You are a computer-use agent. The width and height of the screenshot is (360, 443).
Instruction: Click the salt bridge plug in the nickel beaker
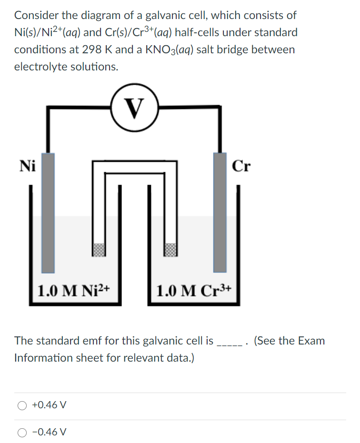[x=99, y=249]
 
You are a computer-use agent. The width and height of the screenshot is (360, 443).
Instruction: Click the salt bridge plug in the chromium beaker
[x=170, y=249]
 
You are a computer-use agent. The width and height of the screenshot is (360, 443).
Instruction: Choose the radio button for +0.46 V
[x=22, y=405]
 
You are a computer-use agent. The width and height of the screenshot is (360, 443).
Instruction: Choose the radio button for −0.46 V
[x=22, y=433]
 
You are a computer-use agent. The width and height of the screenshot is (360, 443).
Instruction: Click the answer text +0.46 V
[x=49, y=405]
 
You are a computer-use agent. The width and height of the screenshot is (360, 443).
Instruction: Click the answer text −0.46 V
[x=49, y=433]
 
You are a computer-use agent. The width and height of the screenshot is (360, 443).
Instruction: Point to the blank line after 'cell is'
[x=230, y=342]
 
